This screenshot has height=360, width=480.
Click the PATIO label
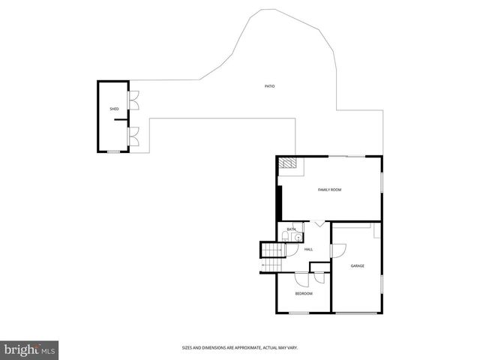[x=269, y=86]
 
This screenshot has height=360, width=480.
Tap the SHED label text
[x=114, y=109]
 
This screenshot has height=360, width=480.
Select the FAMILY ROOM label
[x=329, y=190]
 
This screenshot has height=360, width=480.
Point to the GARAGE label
[x=358, y=265]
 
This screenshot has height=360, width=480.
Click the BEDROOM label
[x=303, y=293]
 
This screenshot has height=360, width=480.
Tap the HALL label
[x=308, y=249]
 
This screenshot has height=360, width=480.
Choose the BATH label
[x=291, y=229]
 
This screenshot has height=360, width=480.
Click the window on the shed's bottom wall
[x=113, y=152]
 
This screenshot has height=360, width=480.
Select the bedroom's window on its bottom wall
[x=299, y=313]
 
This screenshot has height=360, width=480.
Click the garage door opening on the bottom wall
[x=356, y=313]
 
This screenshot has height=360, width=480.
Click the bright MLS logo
[x=30, y=349]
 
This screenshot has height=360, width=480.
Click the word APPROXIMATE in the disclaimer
[x=241, y=347]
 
